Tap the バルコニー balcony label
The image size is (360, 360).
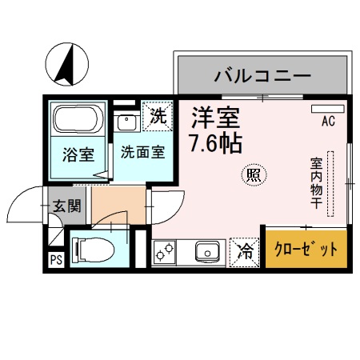261,77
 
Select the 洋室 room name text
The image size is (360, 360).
215,119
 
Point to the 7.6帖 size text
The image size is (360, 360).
215,145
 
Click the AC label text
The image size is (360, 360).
328,122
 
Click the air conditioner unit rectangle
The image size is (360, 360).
328,108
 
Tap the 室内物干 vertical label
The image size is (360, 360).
318,183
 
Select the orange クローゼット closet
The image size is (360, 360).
307,250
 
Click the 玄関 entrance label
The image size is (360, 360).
66,206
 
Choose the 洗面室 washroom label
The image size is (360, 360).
143,152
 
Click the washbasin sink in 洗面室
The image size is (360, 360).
126,122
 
